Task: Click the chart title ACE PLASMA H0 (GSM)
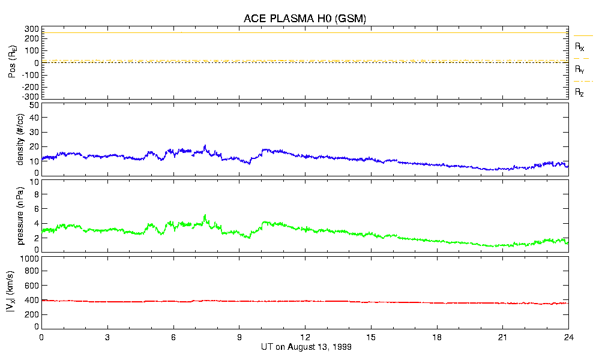(304, 19)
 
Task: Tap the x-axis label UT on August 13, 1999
(306, 347)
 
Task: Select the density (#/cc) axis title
(20, 139)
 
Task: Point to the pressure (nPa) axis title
(20, 214)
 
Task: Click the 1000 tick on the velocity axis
(29, 259)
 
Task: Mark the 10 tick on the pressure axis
(34, 182)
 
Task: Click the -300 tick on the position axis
(30, 97)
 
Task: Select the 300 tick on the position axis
(32, 29)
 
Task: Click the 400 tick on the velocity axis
(32, 300)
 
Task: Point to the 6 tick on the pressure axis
(36, 209)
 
